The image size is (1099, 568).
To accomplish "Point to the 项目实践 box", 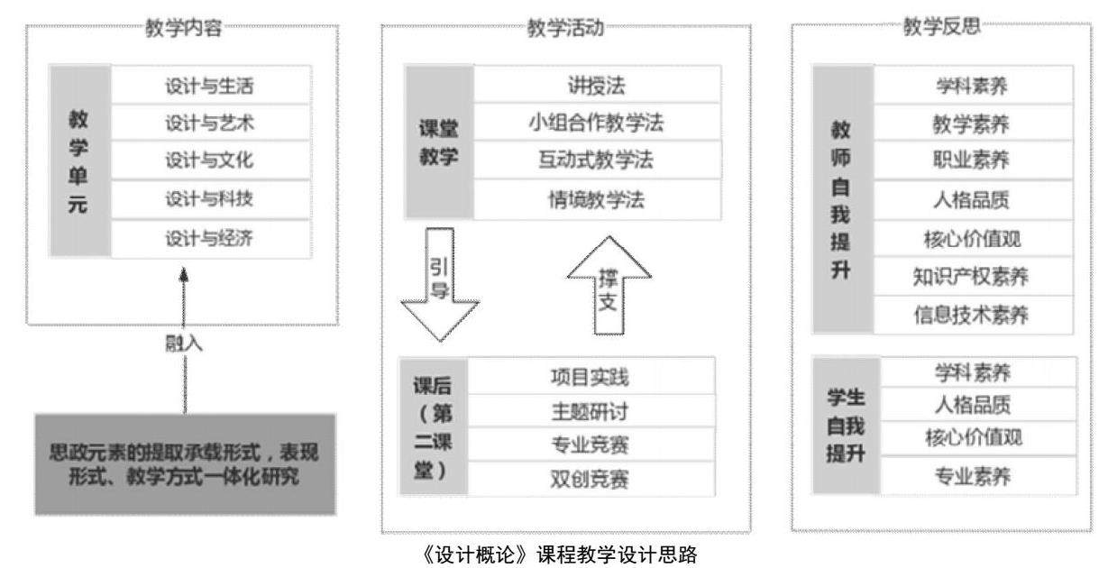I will (x=592, y=375).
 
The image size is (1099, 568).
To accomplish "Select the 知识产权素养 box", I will (x=972, y=279).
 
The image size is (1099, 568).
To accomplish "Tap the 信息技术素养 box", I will (x=972, y=316).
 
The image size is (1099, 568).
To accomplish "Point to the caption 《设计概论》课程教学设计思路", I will (x=547, y=553).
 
